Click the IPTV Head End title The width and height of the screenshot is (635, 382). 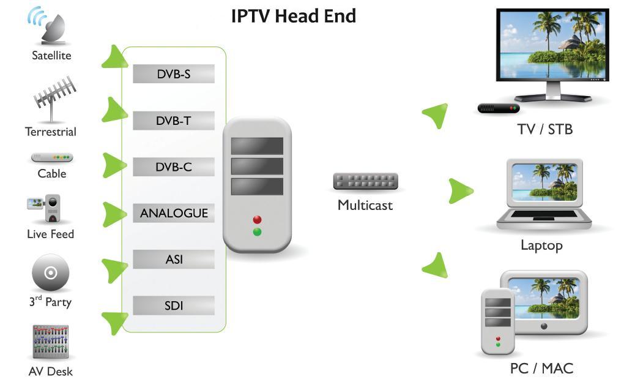[293, 16]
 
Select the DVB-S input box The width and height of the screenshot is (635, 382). [174, 74]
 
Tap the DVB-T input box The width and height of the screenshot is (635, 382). [174, 121]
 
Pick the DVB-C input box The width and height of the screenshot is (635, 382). [174, 167]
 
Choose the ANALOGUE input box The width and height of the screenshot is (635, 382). [174, 213]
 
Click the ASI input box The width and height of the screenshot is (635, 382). [174, 260]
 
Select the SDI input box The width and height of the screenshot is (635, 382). [174, 305]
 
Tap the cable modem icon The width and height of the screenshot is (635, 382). [52, 158]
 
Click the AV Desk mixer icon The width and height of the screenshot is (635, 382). [50, 342]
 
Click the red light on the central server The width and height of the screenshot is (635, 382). [257, 219]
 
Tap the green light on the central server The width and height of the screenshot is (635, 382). [257, 231]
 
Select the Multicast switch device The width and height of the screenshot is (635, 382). [365, 182]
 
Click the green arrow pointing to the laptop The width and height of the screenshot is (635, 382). [460, 191]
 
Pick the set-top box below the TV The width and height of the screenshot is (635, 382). [499, 108]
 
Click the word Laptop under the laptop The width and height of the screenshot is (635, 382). [541, 245]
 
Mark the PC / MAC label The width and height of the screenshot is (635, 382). [541, 369]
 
